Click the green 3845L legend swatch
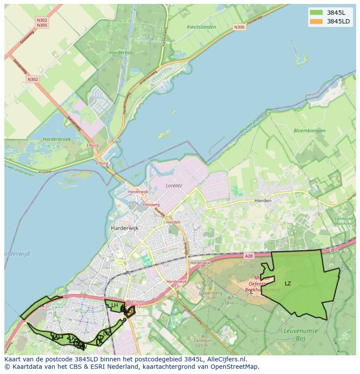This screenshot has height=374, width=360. pos(317,13)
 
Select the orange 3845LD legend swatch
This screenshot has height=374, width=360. pos(317,21)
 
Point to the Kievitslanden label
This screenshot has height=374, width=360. pos(201,27)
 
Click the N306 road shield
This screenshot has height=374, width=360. pos(239,27)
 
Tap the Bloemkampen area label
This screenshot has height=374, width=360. pos(309,130)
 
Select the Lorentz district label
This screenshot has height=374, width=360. pos(174,185)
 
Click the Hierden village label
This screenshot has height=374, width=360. pos(263,201)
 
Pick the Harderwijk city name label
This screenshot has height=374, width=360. pos(124,228)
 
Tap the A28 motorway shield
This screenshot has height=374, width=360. pos(248,256)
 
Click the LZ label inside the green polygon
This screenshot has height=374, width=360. pos(288,284)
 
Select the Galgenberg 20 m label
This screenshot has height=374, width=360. pos(210,295)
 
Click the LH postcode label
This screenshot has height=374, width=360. pos(114,305)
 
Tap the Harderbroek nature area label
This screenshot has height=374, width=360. pos(57,139)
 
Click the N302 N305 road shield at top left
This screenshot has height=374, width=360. pos(42,23)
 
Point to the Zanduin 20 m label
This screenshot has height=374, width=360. pos(203,343)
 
